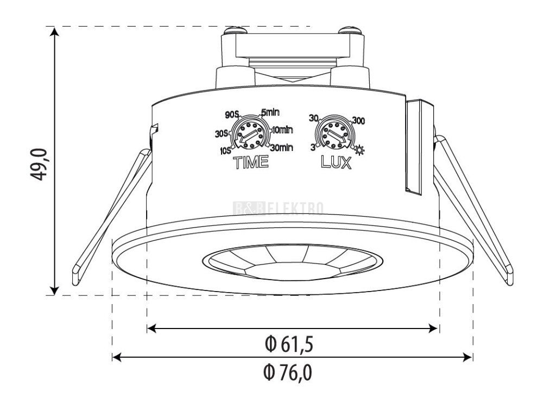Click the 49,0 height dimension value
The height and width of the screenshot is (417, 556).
39,164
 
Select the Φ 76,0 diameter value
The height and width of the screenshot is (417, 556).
288,372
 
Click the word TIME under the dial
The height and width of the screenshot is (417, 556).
250,162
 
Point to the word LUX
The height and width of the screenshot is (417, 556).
336,162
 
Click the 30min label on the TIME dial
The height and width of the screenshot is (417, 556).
282,147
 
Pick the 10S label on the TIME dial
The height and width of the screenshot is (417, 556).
225,151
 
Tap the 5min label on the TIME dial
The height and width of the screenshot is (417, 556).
270,112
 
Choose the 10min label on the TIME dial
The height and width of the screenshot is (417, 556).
282,130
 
